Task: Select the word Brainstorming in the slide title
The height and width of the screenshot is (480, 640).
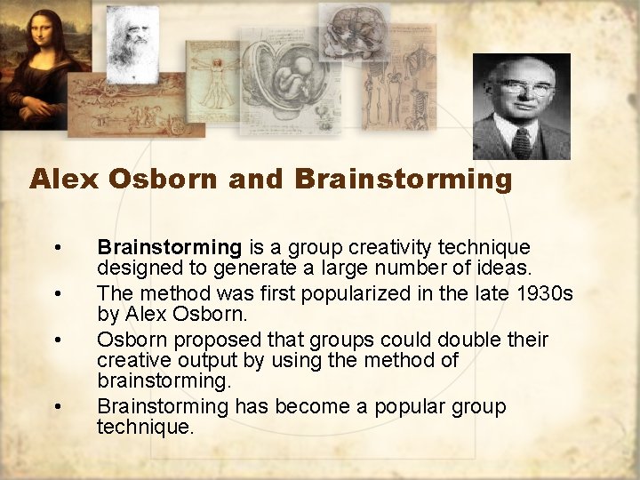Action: click(404, 180)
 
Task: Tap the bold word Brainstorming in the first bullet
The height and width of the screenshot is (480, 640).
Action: click(169, 247)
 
